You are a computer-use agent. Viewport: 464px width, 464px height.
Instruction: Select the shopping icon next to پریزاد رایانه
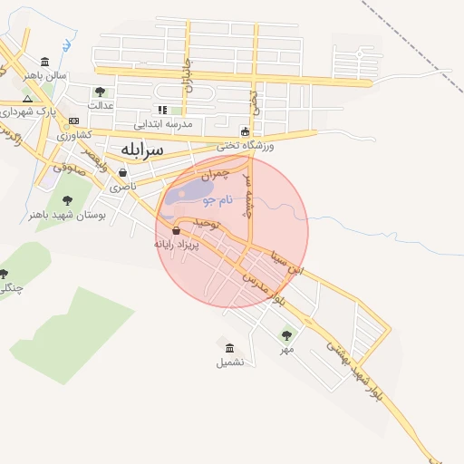pos(175,231)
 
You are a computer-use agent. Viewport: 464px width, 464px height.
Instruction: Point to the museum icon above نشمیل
pos(229,348)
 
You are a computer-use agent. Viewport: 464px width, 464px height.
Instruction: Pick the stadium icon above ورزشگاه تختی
pos(245,131)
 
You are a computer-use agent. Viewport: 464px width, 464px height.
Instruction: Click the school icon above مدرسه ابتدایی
pos(163,111)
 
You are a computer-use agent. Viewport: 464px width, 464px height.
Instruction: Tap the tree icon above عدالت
pos(100,92)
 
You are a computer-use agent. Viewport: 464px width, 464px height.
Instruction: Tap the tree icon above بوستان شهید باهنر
pos(67,200)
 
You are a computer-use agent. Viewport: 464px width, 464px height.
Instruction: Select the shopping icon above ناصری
pos(122,172)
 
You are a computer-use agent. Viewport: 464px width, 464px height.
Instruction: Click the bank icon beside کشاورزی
pos(73,121)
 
